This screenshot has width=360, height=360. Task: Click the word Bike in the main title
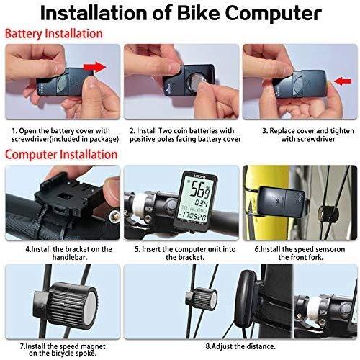[x=198, y=13]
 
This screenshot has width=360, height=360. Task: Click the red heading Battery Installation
[x=54, y=33]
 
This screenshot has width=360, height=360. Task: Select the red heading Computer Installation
[x=61, y=154]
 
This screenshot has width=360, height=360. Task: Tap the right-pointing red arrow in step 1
[x=94, y=67]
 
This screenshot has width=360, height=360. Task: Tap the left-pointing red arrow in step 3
[x=343, y=81]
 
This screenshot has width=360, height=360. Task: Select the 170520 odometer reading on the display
[x=193, y=217]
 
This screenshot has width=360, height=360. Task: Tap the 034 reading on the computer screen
[x=201, y=203]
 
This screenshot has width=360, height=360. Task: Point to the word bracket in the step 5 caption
[x=191, y=257]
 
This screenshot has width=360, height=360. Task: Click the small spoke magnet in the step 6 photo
[x=328, y=212]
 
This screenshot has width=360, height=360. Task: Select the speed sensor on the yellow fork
[x=282, y=202]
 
